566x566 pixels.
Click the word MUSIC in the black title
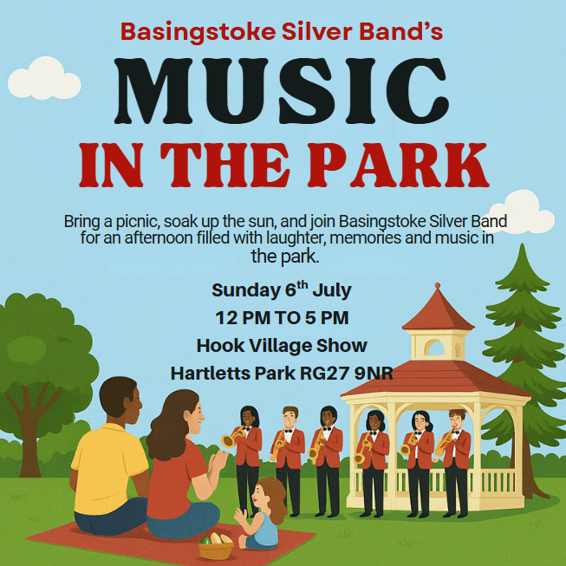pyautogui.click(x=282, y=91)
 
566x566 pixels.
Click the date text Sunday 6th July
pyautogui.click(x=282, y=290)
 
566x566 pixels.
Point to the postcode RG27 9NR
pyautogui.click(x=347, y=374)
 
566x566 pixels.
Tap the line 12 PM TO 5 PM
pyautogui.click(x=282, y=318)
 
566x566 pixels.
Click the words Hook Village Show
pyautogui.click(x=282, y=346)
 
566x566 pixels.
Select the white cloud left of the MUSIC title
pyautogui.click(x=44, y=79)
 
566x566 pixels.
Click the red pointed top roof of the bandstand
pyautogui.click(x=438, y=311)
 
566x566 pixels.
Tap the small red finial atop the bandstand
pyautogui.click(x=438, y=286)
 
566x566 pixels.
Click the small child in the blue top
pyautogui.click(x=262, y=513)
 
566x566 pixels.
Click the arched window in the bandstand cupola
pyautogui.click(x=434, y=348)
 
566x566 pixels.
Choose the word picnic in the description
pyautogui.click(x=138, y=222)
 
